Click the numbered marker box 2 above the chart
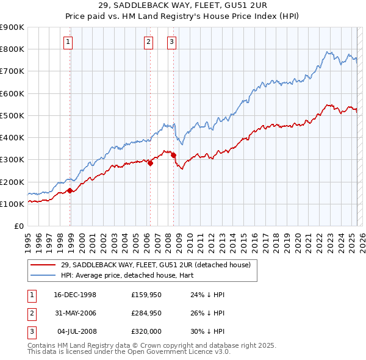pyautogui.click(x=149, y=42)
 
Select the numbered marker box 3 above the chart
pyautogui.click(x=172, y=42)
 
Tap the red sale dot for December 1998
pyautogui.click(x=70, y=190)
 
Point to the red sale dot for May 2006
pyautogui.click(x=151, y=163)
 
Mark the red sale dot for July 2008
pyautogui.click(x=173, y=155)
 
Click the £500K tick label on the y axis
pyautogui.click(x=12, y=115)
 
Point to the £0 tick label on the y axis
pyautogui.click(x=19, y=226)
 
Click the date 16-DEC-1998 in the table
pyautogui.click(x=75, y=295)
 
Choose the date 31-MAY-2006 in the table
pyautogui.click(x=75, y=314)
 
